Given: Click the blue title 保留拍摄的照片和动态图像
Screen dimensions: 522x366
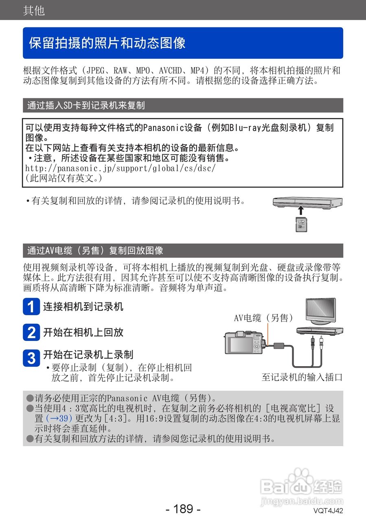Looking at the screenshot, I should coord(107,43).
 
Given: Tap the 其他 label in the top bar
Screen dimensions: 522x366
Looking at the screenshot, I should coord(34,10).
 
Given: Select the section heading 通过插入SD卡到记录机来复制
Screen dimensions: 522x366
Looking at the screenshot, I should coord(86,106).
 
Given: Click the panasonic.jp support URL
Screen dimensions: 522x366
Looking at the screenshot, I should coord(120,168).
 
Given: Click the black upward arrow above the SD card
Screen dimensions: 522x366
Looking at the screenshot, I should coord(300,210).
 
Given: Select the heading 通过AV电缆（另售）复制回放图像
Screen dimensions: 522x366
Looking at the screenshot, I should coord(95,250).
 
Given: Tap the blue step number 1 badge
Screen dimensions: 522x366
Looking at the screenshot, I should coord(31,307).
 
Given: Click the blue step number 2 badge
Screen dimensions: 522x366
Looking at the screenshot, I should coord(31,332).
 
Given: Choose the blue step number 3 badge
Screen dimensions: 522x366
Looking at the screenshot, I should coord(31,358).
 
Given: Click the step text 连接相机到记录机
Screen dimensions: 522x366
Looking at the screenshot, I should coord(83,307).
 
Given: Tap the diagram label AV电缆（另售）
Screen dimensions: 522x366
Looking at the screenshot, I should coord(263,318).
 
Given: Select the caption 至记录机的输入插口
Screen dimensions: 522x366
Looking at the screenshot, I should coord(302,377).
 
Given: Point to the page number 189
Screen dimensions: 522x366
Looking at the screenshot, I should coord(183,509).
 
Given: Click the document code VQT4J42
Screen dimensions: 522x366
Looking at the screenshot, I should coord(328,511).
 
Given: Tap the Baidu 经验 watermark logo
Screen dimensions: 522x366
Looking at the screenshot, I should coord(301,487).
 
